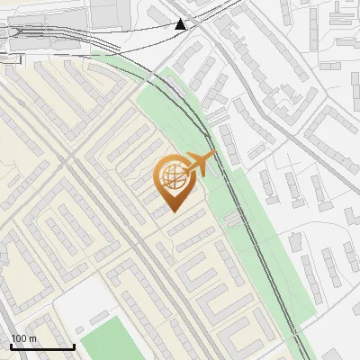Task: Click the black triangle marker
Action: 181,24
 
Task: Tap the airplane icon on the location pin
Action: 199,163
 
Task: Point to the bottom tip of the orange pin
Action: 173,211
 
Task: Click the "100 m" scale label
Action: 24,338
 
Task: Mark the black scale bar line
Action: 42,346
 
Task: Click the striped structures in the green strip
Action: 234,219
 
